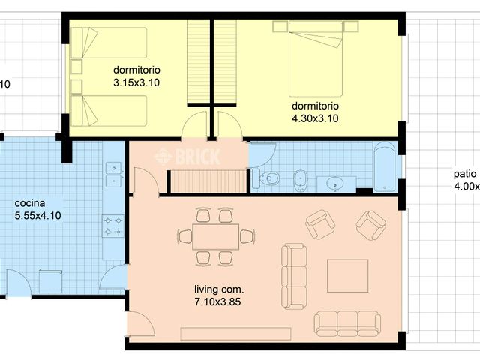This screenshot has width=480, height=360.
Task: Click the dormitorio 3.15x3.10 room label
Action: pos(137,74)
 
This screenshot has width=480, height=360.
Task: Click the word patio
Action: pos(463,173)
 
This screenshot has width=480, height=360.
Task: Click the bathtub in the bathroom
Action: pos(385,166)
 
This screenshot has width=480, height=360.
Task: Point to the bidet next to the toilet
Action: pos(300,178)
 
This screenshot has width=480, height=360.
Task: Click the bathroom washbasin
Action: pos(334,181)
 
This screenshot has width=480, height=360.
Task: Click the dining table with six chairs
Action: pos(215,236)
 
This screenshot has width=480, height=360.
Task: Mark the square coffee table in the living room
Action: pos(347,275)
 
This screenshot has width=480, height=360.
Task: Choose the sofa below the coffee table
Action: pos(347,323)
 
